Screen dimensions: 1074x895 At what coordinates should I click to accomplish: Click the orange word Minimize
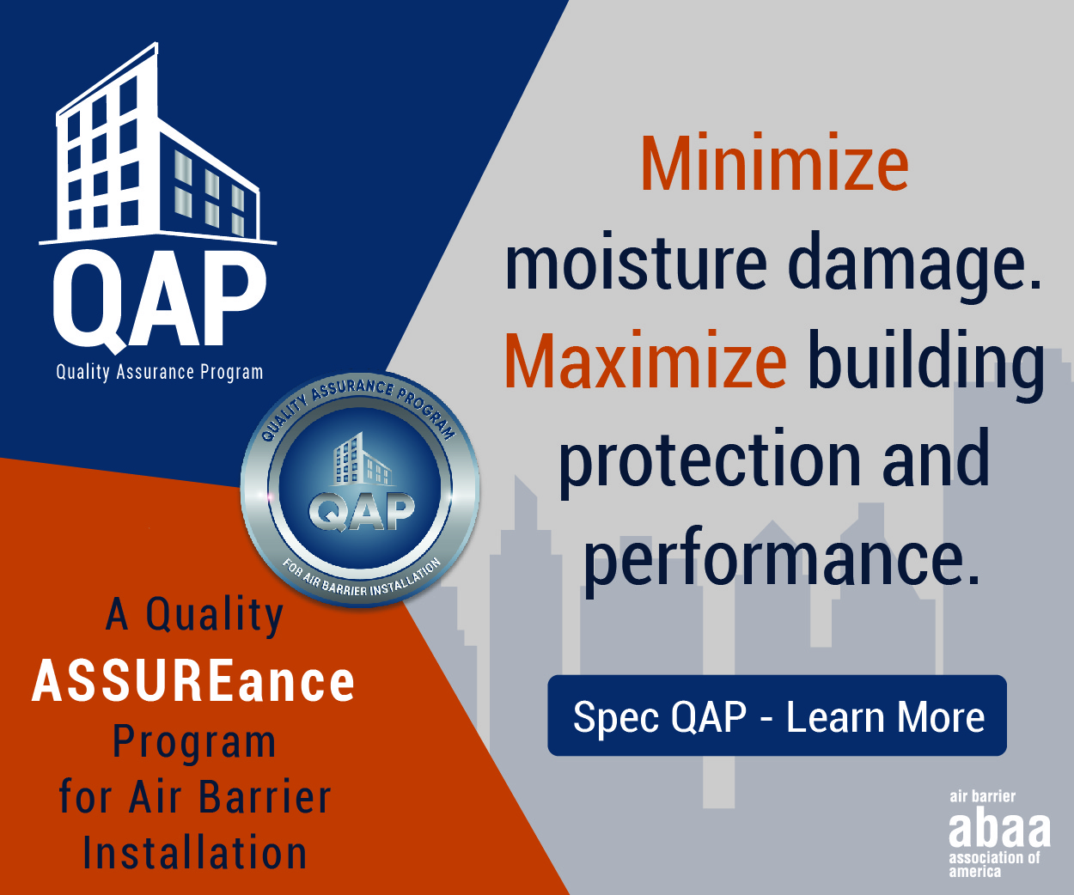(775, 162)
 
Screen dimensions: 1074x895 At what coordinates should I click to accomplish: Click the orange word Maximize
(645, 360)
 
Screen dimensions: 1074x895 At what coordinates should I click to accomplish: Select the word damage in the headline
(915, 267)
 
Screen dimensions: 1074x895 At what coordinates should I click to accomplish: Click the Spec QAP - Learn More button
(778, 715)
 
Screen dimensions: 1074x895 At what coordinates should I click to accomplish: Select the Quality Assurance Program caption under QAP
(160, 373)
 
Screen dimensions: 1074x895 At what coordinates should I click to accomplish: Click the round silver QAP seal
(360, 490)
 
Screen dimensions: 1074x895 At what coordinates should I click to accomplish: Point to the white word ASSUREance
(193, 681)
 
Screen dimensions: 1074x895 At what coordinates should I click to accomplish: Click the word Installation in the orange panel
(195, 853)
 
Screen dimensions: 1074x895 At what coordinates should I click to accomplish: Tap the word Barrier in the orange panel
(265, 797)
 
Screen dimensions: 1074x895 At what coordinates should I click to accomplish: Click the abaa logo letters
(999, 830)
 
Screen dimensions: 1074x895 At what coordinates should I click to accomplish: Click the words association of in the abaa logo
(994, 857)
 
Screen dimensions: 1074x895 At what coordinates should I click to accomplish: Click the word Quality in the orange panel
(215, 615)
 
